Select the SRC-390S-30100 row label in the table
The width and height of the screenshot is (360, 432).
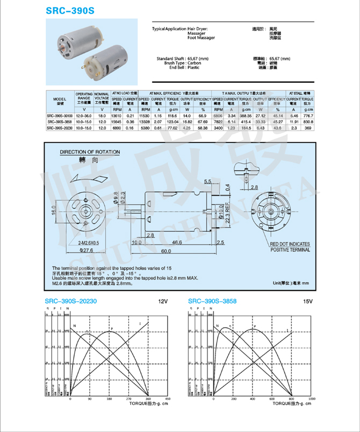pos(59,116)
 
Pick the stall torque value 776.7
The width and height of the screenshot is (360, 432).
pos(308,116)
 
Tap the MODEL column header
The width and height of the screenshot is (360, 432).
pos(59,100)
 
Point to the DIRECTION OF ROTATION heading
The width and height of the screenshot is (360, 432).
pos(90,153)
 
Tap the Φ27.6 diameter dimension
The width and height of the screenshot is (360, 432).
pos(88,250)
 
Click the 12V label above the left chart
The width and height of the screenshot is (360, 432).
pos(163,301)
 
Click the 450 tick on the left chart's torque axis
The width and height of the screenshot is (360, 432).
pos(168,400)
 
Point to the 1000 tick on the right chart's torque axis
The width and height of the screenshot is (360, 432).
pos(312,400)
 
